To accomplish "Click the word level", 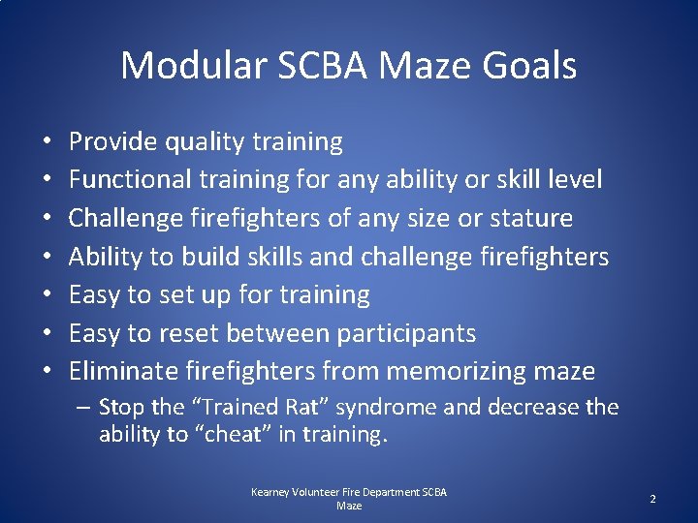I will [x=574, y=180].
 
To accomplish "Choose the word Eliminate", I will [x=124, y=371].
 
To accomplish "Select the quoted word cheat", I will [x=231, y=435].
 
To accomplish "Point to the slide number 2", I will [x=652, y=499].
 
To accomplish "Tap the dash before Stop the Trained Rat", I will [x=85, y=408].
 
